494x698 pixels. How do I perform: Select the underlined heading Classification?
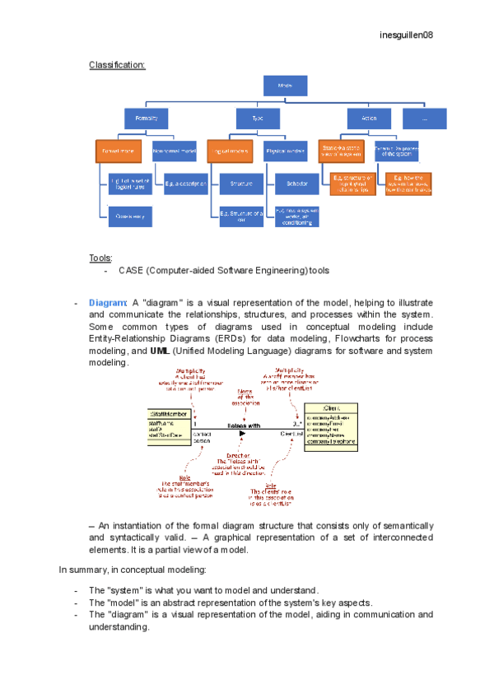117,64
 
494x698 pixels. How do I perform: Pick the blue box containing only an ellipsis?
425,119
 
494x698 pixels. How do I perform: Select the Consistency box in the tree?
130,216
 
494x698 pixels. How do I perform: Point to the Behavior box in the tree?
291,182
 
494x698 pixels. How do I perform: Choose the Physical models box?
286,151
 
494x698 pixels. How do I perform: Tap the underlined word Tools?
100,258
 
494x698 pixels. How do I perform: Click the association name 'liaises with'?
244,426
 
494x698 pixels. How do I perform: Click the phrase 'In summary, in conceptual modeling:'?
133,569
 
